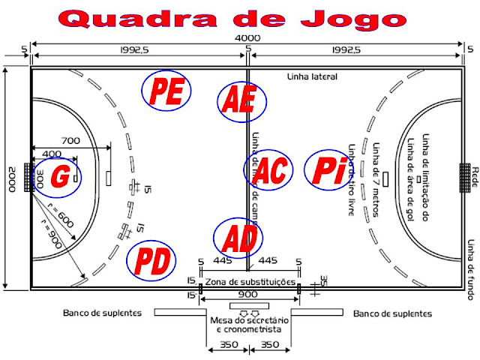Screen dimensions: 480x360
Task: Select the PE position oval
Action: tap(166, 91)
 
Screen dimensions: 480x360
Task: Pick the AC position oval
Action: tap(268, 171)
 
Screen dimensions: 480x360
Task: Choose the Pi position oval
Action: tap(328, 170)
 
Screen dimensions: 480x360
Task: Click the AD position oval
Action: tap(238, 238)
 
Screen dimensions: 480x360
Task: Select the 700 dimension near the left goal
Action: tap(70, 140)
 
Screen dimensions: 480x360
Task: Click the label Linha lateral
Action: tap(313, 76)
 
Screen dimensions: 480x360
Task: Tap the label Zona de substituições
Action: tap(248, 280)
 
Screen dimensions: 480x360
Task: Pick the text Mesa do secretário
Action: tap(248, 321)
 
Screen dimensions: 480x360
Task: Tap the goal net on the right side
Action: tap(465, 177)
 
